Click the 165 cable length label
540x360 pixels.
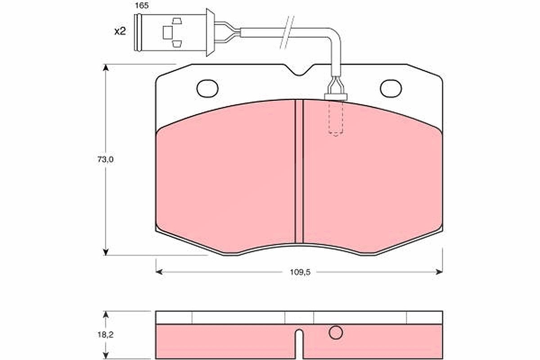(141, 6)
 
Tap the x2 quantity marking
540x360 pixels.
(120, 31)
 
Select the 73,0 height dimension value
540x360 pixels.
(105, 159)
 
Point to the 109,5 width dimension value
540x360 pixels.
(300, 272)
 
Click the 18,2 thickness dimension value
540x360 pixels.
(106, 335)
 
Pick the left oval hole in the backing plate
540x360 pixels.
(207, 89)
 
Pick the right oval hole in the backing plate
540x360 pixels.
(391, 89)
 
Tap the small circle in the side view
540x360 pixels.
(336, 333)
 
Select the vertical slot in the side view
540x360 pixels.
(299, 343)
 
